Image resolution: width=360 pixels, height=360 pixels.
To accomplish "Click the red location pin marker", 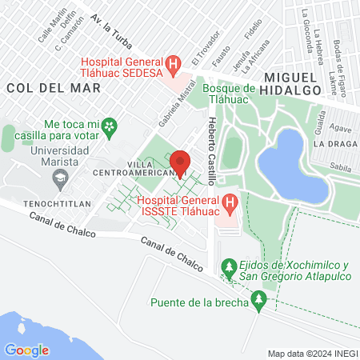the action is (181, 163).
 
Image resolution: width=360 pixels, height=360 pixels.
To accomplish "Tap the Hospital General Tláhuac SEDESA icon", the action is (171, 63).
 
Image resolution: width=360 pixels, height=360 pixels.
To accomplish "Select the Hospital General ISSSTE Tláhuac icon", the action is (230, 205).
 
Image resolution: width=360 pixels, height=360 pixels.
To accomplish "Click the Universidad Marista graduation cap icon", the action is (59, 182).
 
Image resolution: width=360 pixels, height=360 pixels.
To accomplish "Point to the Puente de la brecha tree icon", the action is (258, 302).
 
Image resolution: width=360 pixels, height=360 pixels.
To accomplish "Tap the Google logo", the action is (26, 350).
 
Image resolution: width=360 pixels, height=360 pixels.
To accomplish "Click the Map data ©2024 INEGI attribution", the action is (312, 354).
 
